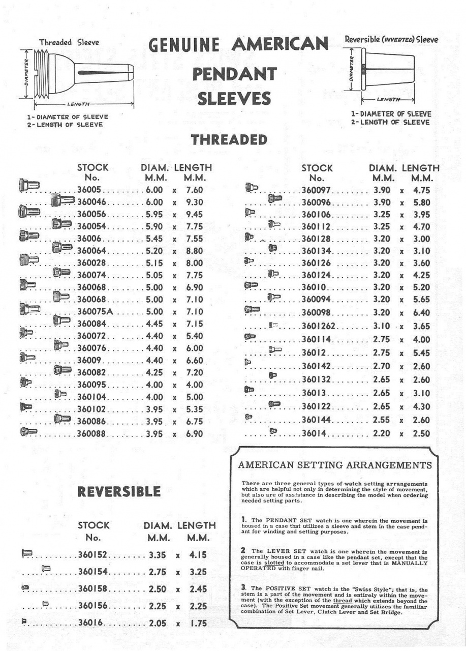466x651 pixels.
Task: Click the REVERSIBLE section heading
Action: pyautogui.click(x=119, y=492)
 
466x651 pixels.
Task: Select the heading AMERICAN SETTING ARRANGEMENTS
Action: pyautogui.click(x=335, y=465)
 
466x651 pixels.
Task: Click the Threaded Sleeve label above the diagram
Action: pyautogui.click(x=69, y=43)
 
